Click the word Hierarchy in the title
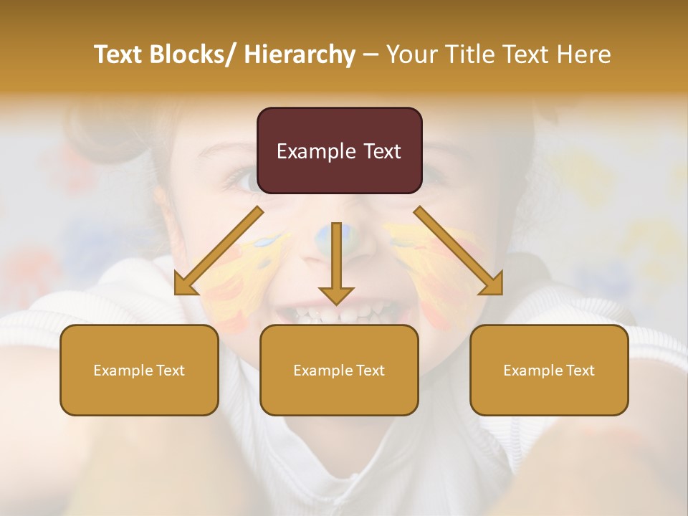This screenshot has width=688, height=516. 300,55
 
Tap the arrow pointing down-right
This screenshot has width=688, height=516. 459,251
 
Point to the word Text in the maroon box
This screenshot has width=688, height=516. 382,151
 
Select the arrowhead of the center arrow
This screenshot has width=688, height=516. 336,295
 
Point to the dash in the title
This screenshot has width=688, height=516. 371,55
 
